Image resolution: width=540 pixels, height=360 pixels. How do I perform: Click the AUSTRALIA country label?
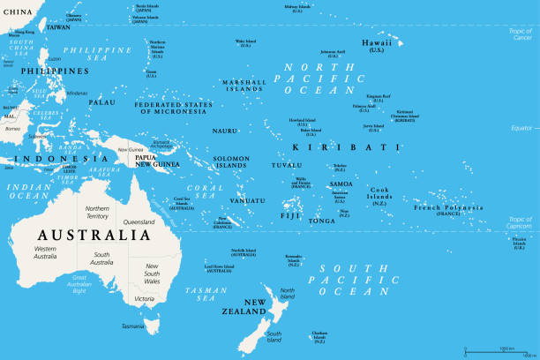click(x=92, y=236)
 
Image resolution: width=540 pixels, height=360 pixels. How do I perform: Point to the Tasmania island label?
click(x=132, y=326)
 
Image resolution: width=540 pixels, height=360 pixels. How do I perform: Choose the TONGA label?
click(x=321, y=221)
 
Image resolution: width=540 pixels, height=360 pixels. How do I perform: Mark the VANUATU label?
click(x=248, y=200)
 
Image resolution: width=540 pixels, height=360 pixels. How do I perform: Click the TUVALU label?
click(x=286, y=165)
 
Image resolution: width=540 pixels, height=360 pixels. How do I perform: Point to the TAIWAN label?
click(x=57, y=27)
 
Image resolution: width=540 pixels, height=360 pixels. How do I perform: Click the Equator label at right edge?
click(x=523, y=129)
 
